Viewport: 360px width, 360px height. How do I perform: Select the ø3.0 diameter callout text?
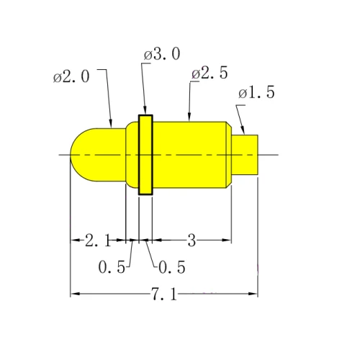click(162, 55)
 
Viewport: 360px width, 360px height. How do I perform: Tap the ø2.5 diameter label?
click(210, 73)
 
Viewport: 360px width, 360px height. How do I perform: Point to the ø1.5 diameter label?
click(257, 93)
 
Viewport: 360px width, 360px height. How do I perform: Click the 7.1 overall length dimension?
click(163, 294)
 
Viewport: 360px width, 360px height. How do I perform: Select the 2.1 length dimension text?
click(97, 240)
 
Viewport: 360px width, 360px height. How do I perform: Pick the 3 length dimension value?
click(192, 240)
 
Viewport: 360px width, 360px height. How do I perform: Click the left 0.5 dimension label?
click(112, 267)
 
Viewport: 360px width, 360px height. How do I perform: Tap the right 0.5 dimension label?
click(171, 267)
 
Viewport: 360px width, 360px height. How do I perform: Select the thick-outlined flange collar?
click(146, 154)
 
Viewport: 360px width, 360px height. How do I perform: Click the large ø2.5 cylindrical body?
click(191, 154)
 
